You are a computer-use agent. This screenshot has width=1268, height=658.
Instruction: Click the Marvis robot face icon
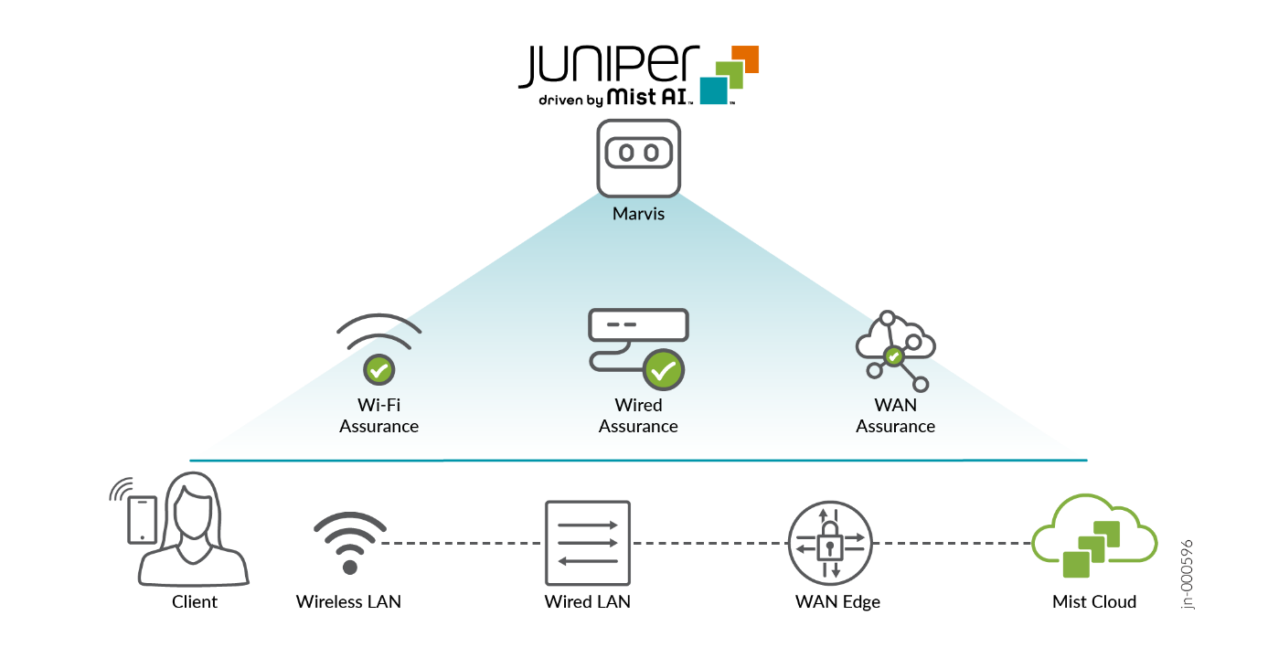pyautogui.click(x=638, y=156)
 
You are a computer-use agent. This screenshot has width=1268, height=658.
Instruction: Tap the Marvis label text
pyautogui.click(x=638, y=215)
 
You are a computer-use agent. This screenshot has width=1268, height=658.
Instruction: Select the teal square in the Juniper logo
pyautogui.click(x=714, y=90)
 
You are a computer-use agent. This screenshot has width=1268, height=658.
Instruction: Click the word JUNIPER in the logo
pyautogui.click(x=608, y=66)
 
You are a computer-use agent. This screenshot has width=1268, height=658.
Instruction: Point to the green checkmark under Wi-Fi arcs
pyautogui.click(x=378, y=370)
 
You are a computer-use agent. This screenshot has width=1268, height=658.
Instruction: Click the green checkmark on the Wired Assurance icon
pyautogui.click(x=665, y=370)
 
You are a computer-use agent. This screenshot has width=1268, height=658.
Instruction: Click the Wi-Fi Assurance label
pyautogui.click(x=378, y=416)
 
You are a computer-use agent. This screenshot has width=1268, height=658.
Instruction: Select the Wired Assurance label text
pyautogui.click(x=638, y=416)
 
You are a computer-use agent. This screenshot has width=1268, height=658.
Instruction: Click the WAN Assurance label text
pyautogui.click(x=895, y=416)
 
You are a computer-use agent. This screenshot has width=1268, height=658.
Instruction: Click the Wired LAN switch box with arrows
pyautogui.click(x=588, y=543)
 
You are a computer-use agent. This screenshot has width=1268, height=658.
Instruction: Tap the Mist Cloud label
pyautogui.click(x=1093, y=601)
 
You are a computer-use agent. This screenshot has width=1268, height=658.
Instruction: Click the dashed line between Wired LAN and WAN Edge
pyautogui.click(x=709, y=544)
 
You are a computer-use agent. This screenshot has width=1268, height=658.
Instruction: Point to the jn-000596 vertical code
pyautogui.click(x=1187, y=574)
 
